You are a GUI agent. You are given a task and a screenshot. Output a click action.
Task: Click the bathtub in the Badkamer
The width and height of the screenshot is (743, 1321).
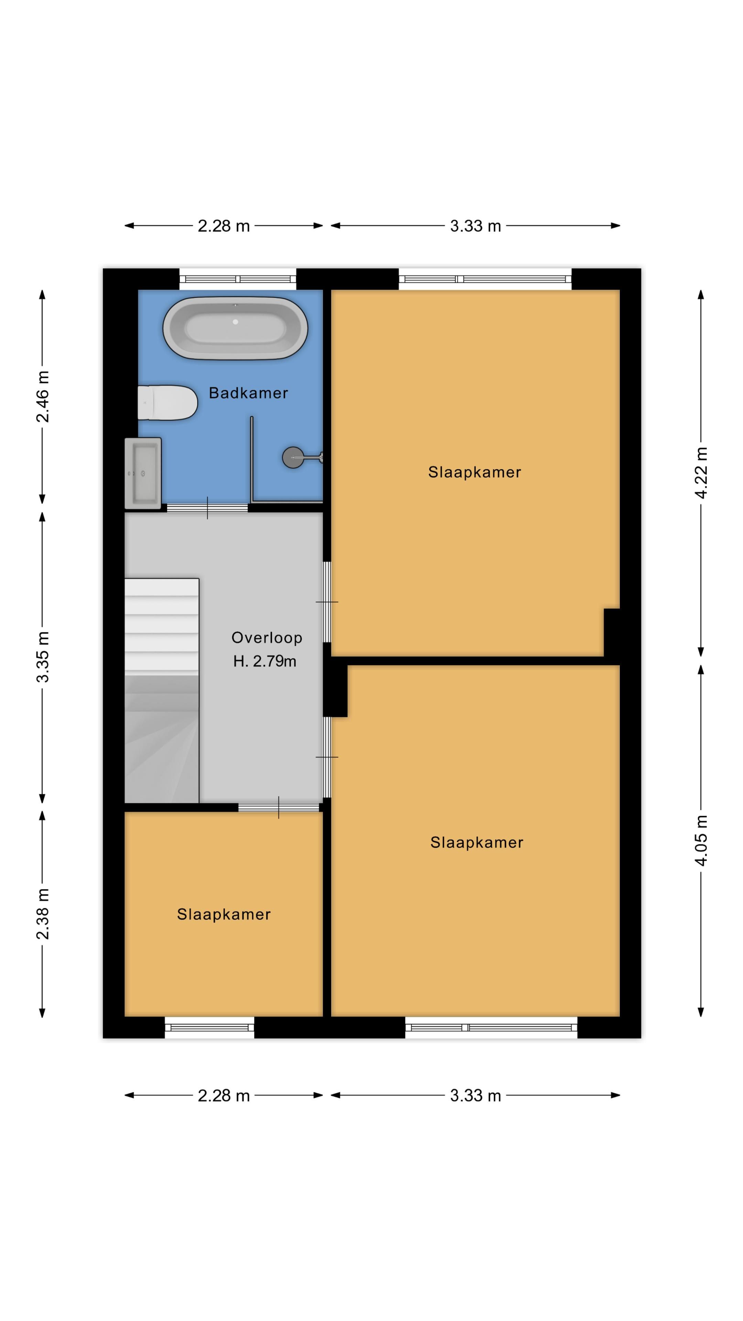tap(235, 327)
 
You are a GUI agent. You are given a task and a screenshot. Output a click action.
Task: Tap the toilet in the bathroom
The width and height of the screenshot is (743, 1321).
tap(168, 402)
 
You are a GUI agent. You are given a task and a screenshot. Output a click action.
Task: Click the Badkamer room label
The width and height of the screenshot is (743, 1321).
tap(248, 393)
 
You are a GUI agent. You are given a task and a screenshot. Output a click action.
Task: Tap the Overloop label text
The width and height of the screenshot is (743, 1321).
tap(267, 637)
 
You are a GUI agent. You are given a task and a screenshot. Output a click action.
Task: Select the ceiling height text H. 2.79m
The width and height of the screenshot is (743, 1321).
tap(265, 661)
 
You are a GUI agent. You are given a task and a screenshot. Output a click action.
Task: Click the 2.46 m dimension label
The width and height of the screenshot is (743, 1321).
tap(43, 396)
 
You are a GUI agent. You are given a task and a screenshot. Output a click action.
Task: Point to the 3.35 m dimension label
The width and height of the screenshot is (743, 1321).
tap(43, 657)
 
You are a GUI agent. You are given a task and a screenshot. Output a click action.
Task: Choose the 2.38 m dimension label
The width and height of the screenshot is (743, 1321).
tap(43, 914)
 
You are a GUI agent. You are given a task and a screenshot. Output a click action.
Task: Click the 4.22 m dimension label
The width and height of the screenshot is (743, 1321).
tap(701, 472)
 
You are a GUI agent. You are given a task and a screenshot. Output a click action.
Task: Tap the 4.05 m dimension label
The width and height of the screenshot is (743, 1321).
tap(701, 840)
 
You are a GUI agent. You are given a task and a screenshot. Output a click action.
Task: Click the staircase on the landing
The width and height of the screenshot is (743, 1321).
tap(162, 690)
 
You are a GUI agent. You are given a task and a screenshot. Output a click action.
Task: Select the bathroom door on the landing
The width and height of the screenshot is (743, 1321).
tap(207, 508)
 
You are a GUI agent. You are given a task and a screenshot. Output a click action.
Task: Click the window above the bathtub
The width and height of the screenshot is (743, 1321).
tap(237, 279)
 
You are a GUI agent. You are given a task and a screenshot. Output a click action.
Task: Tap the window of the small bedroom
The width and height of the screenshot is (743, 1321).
tap(209, 1028)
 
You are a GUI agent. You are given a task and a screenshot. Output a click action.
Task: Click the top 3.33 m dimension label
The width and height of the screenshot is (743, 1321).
tap(475, 226)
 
